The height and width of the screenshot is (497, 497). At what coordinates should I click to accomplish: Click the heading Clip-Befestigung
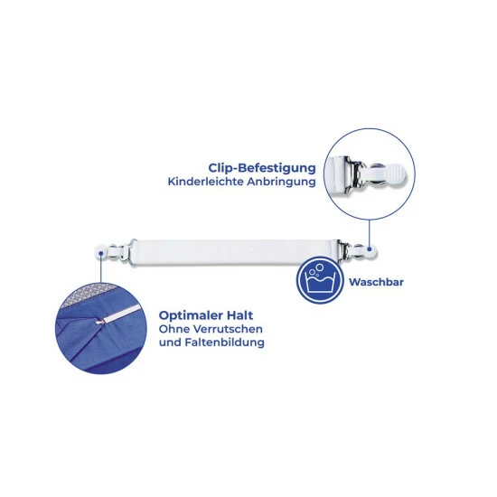click(262, 168)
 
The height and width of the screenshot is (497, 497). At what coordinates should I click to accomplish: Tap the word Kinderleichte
click(206, 182)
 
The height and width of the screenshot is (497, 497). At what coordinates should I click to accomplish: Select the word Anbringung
click(281, 183)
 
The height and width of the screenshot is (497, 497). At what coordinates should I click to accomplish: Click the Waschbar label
click(376, 282)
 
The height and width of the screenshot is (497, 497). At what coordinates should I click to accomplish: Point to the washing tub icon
click(320, 279)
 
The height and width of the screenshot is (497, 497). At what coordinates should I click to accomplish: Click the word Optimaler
click(191, 315)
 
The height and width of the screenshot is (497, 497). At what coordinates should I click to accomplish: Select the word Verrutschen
click(228, 329)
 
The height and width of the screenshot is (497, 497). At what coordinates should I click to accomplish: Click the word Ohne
click(174, 329)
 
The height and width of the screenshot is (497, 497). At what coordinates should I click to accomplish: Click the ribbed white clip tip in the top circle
click(395, 173)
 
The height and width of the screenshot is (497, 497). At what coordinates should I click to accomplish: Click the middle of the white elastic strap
click(236, 253)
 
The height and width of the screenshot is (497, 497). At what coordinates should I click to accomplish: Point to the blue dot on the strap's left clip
click(101, 253)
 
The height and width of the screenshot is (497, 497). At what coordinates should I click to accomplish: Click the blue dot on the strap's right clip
click(370, 249)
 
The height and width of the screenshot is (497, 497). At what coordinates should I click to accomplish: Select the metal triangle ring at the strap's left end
click(132, 252)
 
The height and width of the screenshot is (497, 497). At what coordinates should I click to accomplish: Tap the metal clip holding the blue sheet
click(100, 322)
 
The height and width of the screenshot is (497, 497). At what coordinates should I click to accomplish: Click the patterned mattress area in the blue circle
click(87, 294)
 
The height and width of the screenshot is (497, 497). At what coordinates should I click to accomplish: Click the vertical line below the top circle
click(370, 234)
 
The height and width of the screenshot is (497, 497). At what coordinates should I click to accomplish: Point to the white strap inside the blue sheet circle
click(122, 314)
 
